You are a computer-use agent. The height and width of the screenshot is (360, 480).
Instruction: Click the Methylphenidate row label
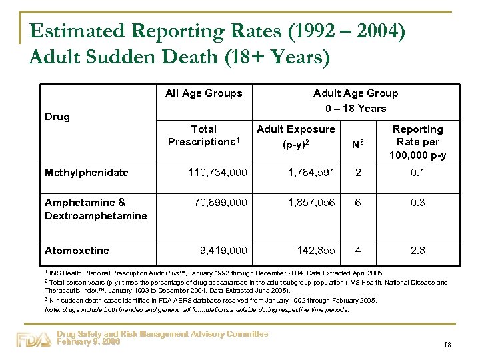pyautogui.click(x=86, y=173)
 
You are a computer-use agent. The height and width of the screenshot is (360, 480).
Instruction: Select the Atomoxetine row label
pyautogui.click(x=77, y=251)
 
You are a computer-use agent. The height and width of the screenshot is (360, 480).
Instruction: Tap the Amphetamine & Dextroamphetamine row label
pyautogui.click(x=95, y=209)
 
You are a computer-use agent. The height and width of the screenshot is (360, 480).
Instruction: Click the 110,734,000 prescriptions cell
pyautogui.click(x=218, y=173)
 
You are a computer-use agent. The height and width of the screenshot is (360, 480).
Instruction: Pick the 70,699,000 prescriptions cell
pyautogui.click(x=220, y=203)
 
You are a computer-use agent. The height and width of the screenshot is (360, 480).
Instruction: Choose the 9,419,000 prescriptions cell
pyautogui.click(x=223, y=251)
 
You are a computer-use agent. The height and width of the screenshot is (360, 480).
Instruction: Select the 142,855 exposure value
pyautogui.click(x=316, y=251)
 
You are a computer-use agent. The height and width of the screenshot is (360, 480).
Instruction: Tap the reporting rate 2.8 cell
pyautogui.click(x=417, y=251)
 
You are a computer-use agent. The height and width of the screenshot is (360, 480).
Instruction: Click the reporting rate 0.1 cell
pyautogui.click(x=417, y=173)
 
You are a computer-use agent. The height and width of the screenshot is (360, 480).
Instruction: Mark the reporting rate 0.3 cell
pyautogui.click(x=417, y=203)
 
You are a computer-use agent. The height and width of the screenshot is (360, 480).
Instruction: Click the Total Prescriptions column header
pyautogui.click(x=203, y=135)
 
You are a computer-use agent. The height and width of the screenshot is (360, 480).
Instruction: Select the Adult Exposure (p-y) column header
pyautogui.click(x=296, y=135)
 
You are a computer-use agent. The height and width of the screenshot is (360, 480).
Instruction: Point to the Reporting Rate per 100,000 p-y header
pyautogui.click(x=417, y=142)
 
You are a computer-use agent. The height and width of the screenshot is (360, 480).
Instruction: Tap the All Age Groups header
pyautogui.click(x=203, y=93)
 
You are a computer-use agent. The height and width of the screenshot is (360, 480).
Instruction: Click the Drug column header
pyautogui.click(x=57, y=117)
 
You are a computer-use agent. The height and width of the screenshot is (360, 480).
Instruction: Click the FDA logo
pyautogui.click(x=33, y=339)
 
